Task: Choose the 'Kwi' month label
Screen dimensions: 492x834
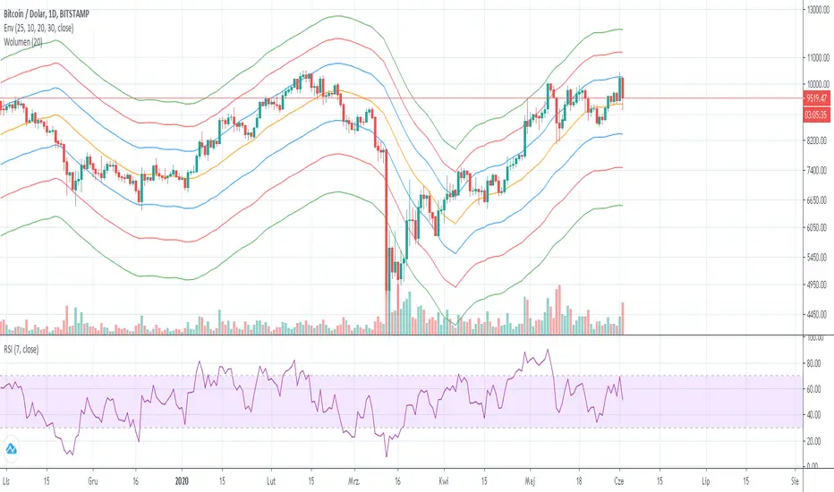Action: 445,479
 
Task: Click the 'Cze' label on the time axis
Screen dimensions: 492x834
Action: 621,479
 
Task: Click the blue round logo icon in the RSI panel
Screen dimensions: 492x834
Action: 13,448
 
